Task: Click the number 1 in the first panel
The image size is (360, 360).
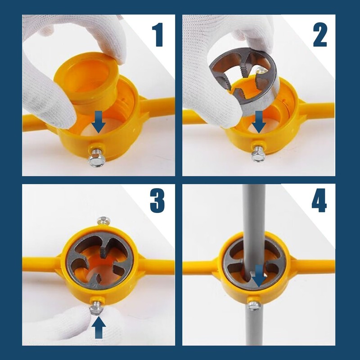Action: coord(157,35)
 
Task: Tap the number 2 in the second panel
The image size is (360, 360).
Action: coord(320,35)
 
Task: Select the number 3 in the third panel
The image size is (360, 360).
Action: coord(157,200)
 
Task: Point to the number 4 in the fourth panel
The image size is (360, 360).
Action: coord(319,200)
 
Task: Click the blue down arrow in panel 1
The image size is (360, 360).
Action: coord(98,121)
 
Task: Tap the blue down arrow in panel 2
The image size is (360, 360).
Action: coord(259,121)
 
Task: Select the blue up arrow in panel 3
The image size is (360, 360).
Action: coord(99,327)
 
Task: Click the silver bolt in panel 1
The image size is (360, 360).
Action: coord(96,156)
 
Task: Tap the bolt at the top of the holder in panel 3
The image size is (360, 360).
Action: coord(104,220)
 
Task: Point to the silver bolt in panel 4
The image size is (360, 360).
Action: coord(254,304)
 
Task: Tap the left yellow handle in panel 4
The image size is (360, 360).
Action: coord(200,267)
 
